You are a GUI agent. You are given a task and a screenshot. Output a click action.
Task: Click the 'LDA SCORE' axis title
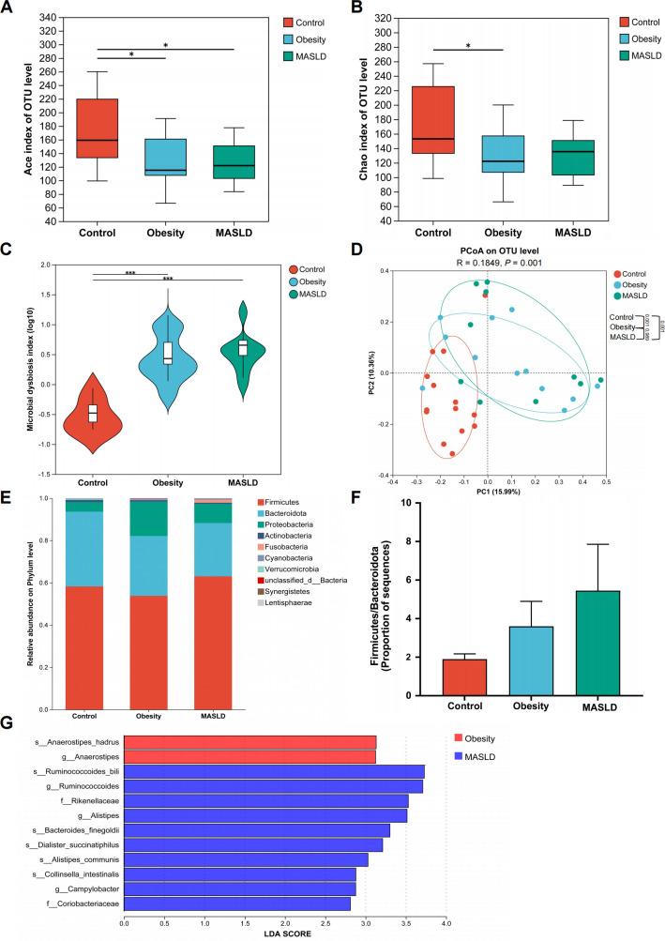point(285,934)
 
